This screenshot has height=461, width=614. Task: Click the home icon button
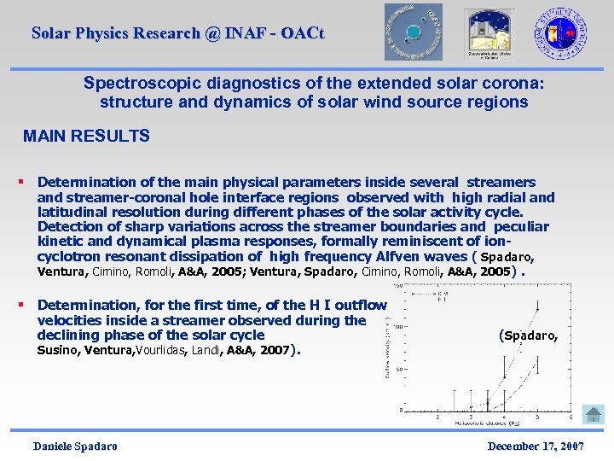(593, 414)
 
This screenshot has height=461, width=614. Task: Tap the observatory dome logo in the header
(487, 32)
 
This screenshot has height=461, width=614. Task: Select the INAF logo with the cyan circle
(413, 32)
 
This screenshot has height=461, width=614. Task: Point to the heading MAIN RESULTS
(86, 136)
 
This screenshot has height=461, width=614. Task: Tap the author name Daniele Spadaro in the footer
(75, 446)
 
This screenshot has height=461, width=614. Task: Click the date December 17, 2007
(536, 446)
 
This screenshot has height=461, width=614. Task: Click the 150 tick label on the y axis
(397, 285)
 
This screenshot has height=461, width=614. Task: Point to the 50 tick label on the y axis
(398, 369)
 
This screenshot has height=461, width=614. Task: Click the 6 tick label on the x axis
(570, 417)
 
